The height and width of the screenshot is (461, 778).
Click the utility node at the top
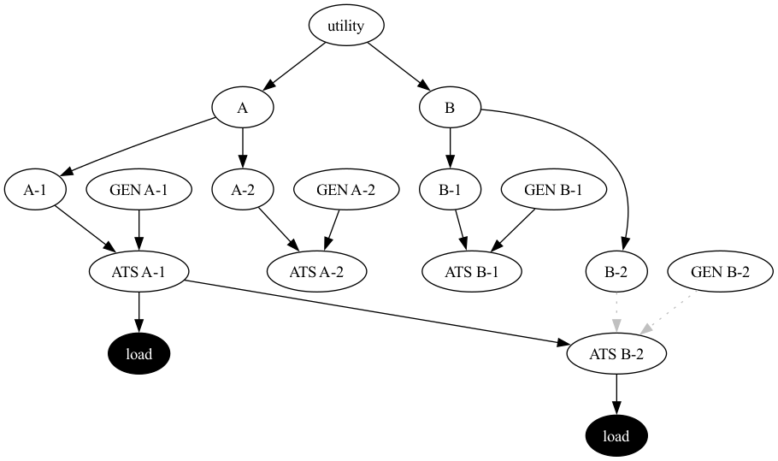(x=345, y=26)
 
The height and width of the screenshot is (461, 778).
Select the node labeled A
(x=243, y=108)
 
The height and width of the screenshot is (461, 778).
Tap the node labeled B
(x=450, y=108)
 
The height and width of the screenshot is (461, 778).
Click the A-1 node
(x=35, y=190)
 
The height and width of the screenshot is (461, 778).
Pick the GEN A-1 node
(x=139, y=190)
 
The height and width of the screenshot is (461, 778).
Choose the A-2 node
(x=243, y=190)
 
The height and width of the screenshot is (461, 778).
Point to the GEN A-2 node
(x=345, y=190)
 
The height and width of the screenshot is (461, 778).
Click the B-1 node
(x=450, y=190)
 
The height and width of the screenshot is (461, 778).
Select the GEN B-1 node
(x=553, y=190)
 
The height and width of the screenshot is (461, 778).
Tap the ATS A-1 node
(x=139, y=272)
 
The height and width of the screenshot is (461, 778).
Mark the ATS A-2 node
(x=316, y=272)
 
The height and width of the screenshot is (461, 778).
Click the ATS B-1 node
(x=472, y=272)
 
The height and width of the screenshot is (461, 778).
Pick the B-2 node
(x=616, y=272)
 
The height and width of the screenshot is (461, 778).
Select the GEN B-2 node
(x=720, y=272)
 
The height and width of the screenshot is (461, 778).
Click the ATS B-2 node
(x=616, y=354)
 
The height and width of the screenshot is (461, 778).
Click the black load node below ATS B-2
(x=616, y=436)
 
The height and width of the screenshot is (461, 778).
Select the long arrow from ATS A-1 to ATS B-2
(x=376, y=312)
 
